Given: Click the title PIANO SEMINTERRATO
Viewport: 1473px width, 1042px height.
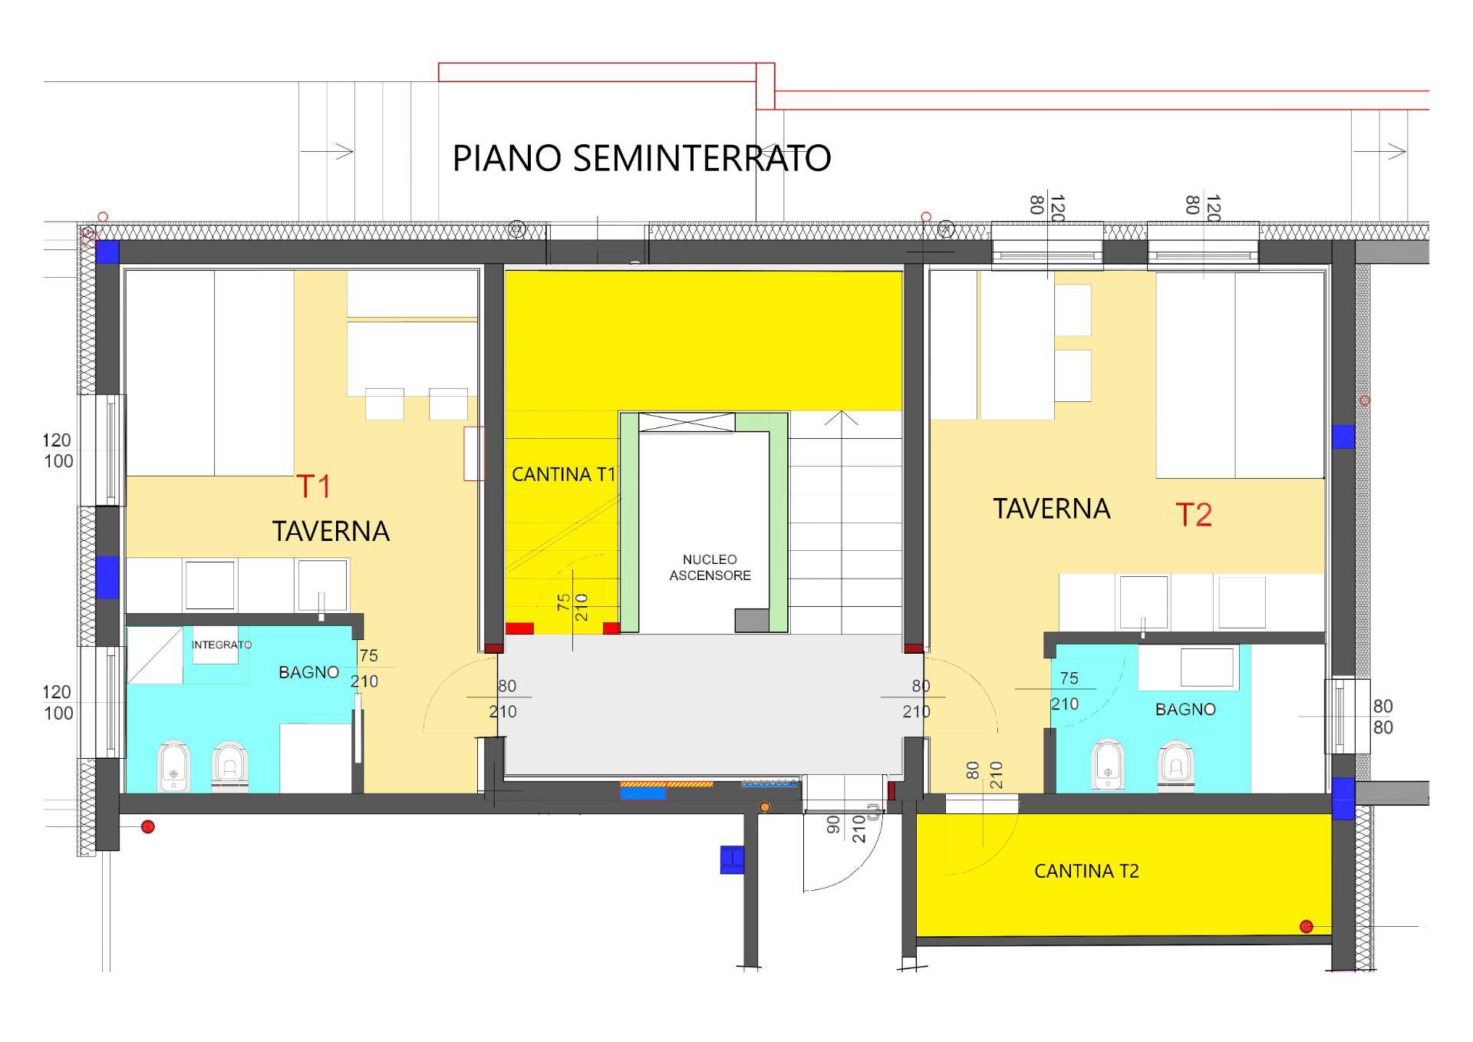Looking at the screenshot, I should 641,158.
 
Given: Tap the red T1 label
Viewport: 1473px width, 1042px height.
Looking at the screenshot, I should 313,486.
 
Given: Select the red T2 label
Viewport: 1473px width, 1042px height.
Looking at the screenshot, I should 1194,515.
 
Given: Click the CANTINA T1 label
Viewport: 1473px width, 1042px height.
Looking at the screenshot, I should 563,475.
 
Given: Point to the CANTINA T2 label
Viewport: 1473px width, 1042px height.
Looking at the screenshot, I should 1086,872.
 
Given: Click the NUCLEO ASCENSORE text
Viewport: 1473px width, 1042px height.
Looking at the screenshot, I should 710,568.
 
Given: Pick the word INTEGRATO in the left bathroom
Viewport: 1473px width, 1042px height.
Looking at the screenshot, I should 221,645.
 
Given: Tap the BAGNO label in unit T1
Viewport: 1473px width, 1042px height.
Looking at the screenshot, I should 308,672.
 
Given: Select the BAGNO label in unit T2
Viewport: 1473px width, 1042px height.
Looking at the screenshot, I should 1185,710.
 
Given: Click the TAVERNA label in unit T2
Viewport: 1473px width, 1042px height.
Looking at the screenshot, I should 1052,509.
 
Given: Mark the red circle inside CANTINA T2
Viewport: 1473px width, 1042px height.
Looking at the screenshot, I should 1307,927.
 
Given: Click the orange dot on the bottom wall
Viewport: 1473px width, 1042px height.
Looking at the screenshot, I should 764,807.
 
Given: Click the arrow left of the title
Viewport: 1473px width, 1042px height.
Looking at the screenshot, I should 327,151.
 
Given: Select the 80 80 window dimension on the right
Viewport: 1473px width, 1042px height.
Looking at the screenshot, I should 1382,717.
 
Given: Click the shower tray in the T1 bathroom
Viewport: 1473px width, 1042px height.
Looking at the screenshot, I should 154,655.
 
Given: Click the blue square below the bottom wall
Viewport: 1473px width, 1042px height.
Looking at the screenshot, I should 732,859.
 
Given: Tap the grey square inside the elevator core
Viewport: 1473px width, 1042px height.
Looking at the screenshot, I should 752,620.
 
